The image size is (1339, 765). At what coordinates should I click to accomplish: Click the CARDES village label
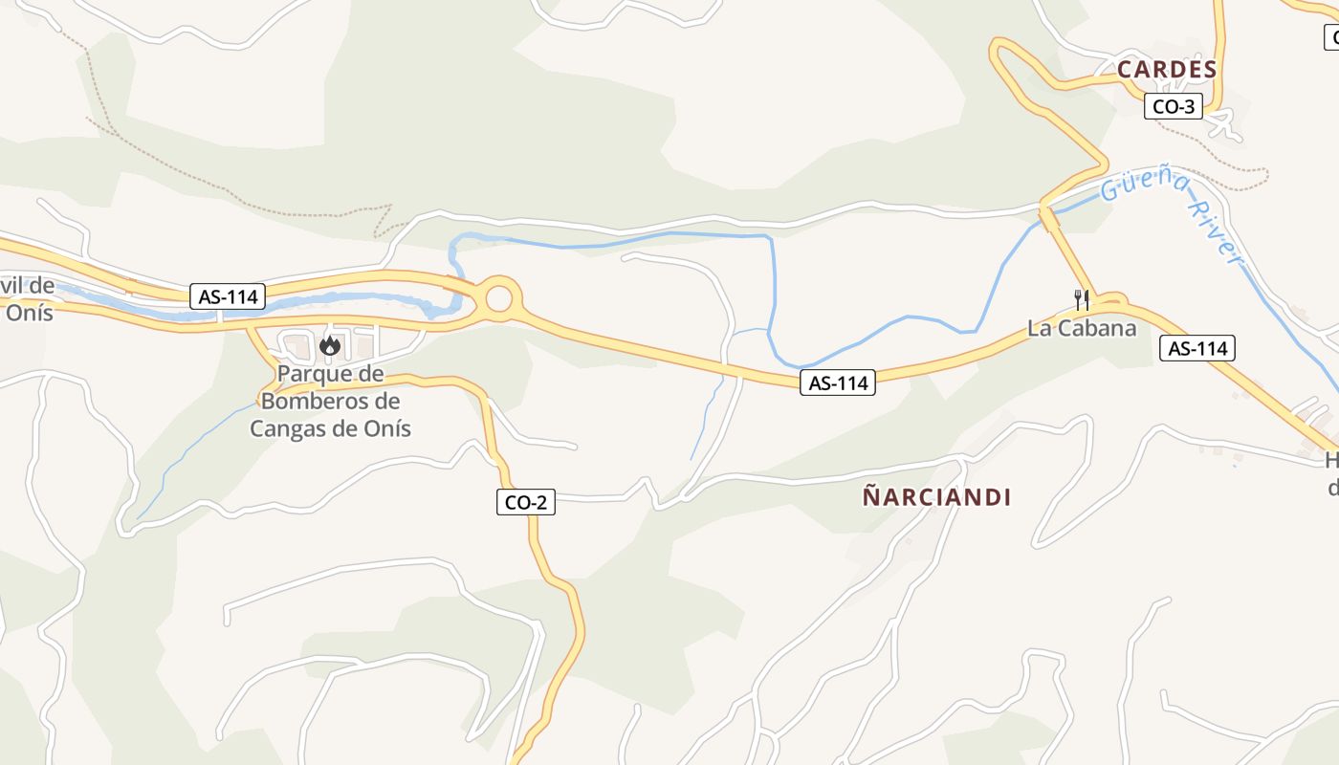pos(1167,70)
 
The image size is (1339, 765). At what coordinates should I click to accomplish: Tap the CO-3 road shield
pos(1174,106)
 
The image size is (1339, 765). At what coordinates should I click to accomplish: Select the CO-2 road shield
pos(526,501)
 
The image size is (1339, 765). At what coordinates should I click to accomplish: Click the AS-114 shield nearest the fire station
pos(229,296)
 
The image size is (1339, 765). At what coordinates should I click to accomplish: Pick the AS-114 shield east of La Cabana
pos(1198,348)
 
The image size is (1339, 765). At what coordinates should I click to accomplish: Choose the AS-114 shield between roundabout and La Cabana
pos(839,383)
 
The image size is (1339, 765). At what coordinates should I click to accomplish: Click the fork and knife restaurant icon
pos(1082,300)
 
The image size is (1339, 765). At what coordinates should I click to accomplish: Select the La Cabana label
pos(1082,328)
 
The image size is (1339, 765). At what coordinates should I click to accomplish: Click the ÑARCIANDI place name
pos(937,497)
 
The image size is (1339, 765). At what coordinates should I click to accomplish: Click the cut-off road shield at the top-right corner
pos(1330,38)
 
